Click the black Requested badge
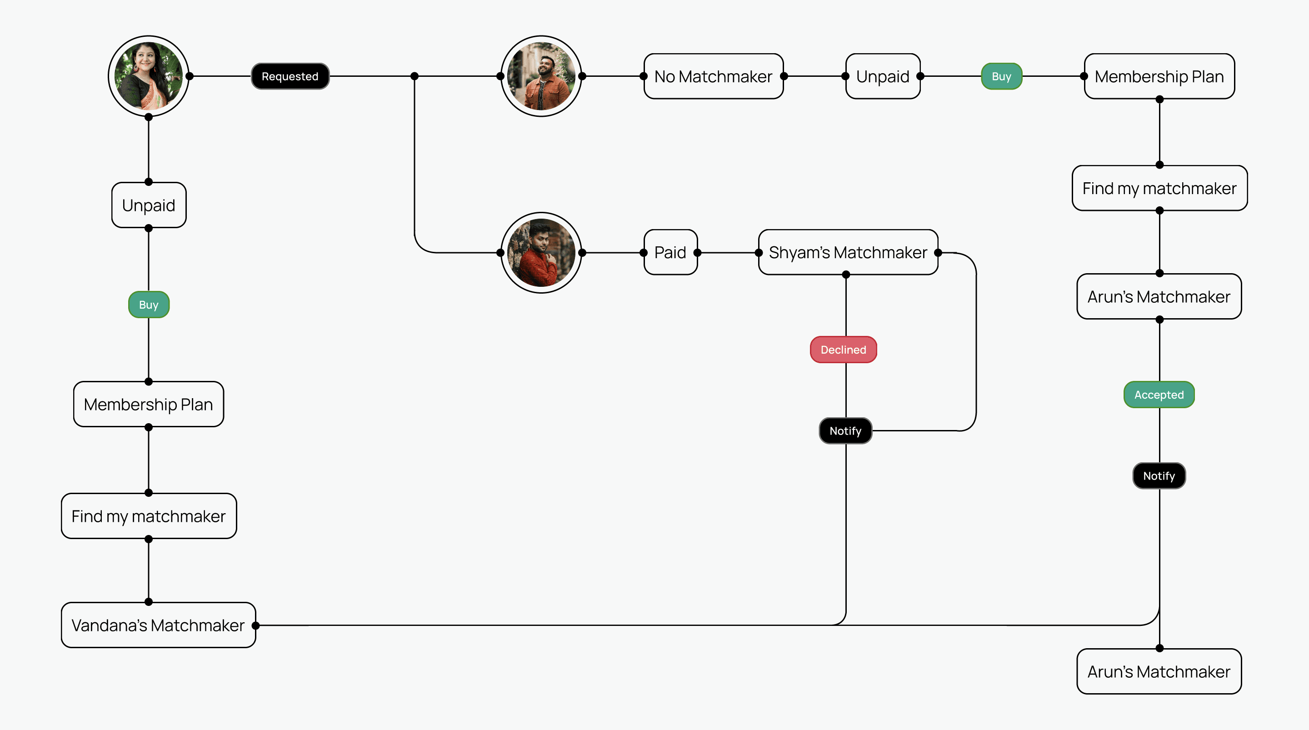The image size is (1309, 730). click(290, 76)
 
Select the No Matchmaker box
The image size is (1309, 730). click(713, 76)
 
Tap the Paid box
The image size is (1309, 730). click(670, 252)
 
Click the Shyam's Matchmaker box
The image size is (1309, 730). click(848, 252)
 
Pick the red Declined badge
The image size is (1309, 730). click(843, 350)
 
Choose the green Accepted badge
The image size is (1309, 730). click(1159, 395)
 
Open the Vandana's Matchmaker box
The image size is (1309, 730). click(158, 625)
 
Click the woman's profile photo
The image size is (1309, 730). click(148, 76)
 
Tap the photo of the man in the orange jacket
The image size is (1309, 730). click(541, 76)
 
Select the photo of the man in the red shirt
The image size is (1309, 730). click(541, 253)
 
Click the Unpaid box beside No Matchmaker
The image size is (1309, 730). click(883, 76)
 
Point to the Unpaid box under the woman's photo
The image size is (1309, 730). click(148, 205)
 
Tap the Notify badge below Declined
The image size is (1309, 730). click(845, 430)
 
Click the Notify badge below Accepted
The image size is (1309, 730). click(1159, 476)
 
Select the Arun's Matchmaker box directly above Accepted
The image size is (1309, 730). click(1159, 296)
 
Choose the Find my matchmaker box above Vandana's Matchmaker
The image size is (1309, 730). click(148, 516)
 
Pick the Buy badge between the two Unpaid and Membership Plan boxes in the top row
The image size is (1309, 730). click(1001, 76)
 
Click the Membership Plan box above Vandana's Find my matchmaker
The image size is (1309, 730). click(148, 404)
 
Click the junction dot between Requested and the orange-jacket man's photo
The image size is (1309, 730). click(415, 76)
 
